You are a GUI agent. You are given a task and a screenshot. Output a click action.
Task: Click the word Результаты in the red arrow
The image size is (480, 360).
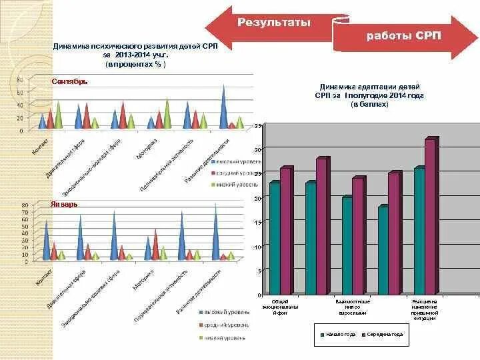tap(274, 23)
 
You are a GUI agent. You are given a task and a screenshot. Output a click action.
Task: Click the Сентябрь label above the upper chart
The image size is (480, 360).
tap(69, 81)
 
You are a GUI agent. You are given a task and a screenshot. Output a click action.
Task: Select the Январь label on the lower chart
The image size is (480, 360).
tap(64, 204)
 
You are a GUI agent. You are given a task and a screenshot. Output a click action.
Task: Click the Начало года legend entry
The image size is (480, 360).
tap(337, 334)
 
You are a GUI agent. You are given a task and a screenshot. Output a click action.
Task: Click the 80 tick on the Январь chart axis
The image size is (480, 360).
tap(25, 205)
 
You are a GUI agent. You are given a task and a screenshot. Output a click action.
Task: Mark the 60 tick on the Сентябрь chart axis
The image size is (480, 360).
tap(20, 93)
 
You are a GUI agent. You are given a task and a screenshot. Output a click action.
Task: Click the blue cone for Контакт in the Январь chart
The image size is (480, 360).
tap(46, 240)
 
